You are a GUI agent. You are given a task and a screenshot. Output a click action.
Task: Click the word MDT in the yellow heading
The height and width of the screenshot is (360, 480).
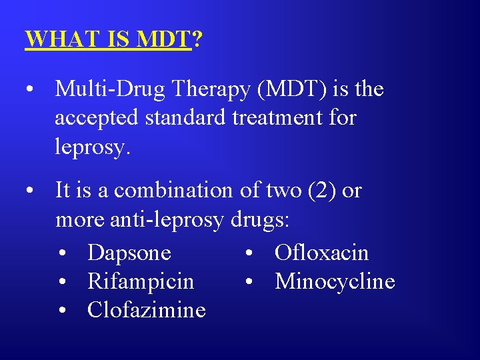click(163, 39)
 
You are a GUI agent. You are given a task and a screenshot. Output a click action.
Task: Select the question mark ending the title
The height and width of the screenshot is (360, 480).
click(197, 39)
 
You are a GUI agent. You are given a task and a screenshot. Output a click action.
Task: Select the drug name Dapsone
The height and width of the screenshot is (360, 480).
click(129, 253)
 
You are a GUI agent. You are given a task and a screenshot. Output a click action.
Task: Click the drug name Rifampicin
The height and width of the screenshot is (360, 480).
click(141, 281)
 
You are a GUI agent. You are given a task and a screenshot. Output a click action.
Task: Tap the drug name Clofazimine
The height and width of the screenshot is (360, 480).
click(147, 310)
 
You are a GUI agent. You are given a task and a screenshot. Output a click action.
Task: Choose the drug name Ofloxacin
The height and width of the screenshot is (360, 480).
click(321, 253)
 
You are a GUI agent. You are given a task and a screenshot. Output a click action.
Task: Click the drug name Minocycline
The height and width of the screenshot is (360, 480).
click(335, 281)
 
